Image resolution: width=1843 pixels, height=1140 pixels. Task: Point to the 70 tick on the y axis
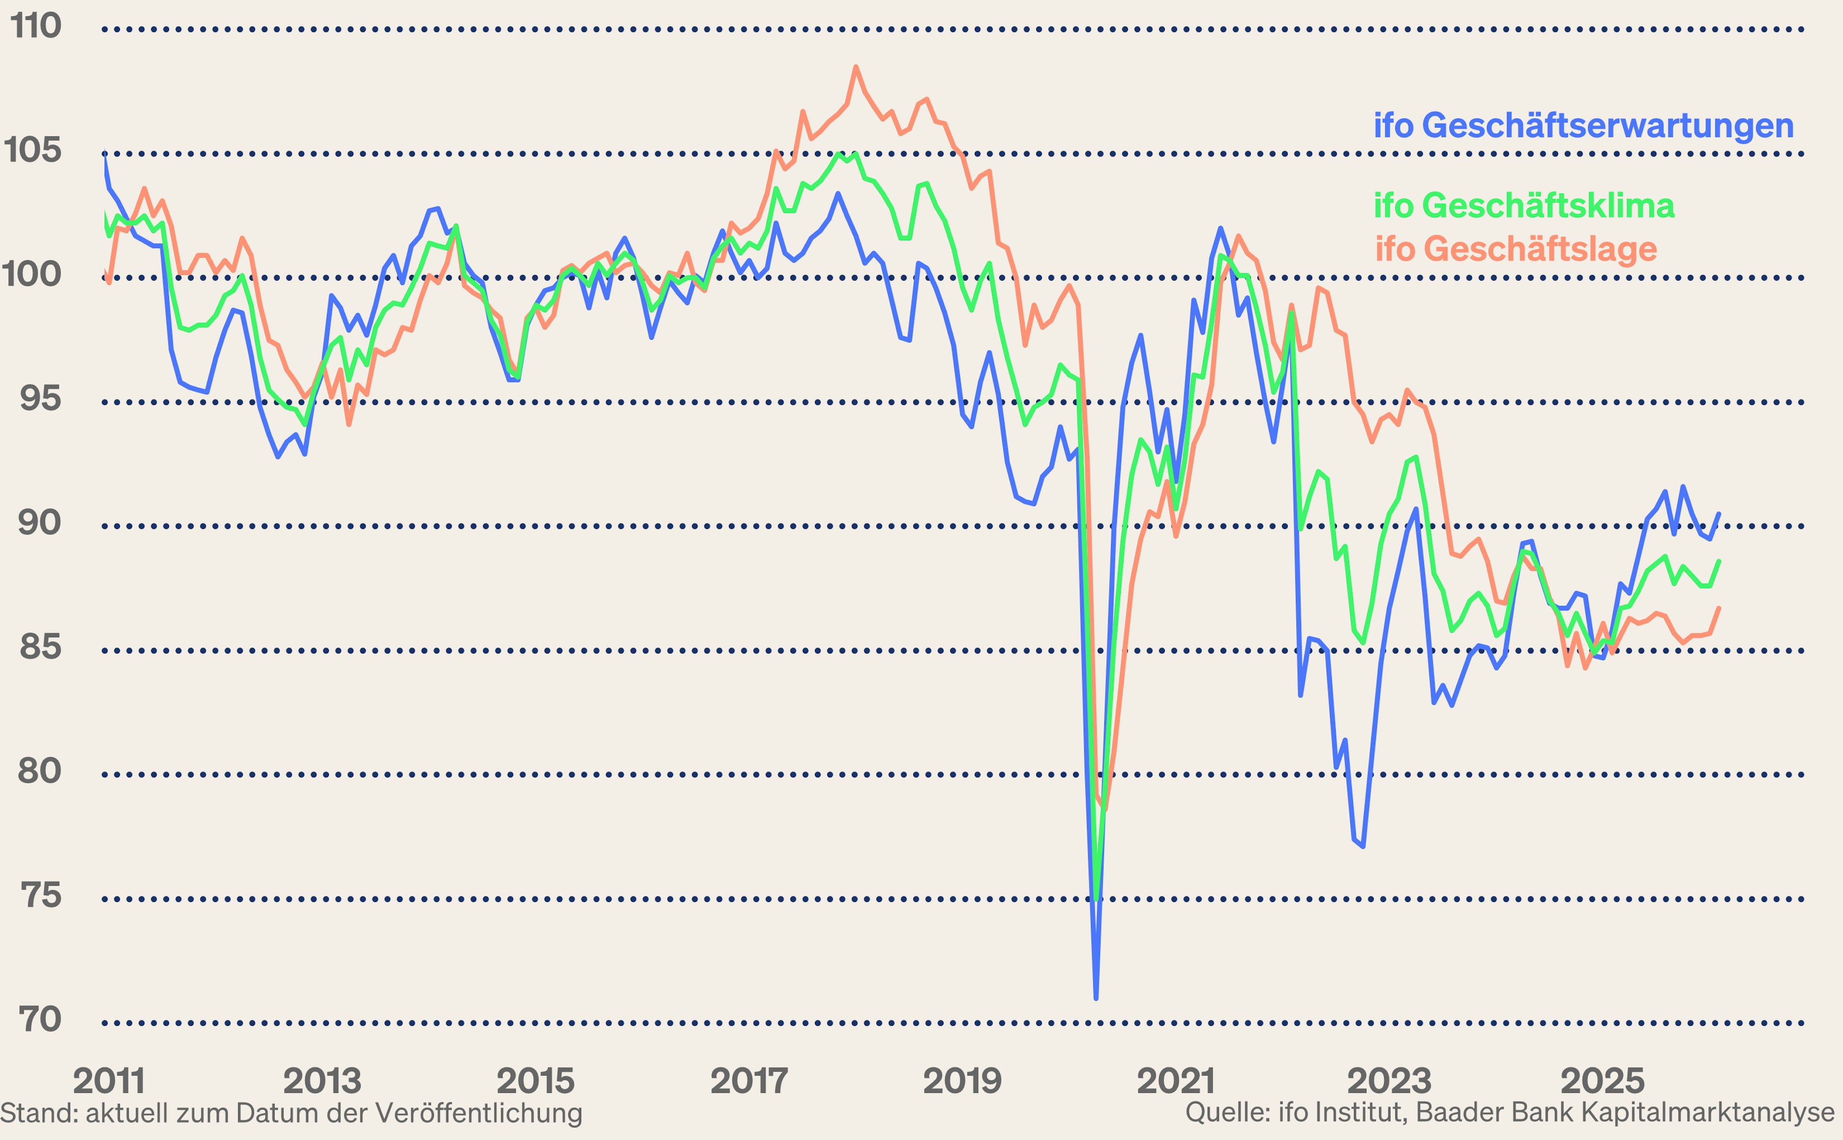[x=39, y=1020]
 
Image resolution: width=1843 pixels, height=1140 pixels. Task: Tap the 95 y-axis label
[x=40, y=398]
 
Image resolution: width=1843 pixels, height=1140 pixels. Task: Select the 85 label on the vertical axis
[x=40, y=646]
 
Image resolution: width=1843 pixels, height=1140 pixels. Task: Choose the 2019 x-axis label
[x=962, y=1081]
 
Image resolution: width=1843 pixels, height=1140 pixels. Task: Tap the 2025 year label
[x=1602, y=1081]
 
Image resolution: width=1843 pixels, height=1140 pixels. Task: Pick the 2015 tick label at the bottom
[x=536, y=1081]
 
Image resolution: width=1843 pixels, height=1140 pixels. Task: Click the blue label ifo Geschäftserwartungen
[x=1583, y=125]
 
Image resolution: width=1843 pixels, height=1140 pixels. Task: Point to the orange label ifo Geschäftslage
[x=1516, y=249]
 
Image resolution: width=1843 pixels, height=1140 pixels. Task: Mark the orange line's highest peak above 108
[x=856, y=67]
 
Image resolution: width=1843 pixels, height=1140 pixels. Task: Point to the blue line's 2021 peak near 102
[x=1220, y=228]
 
